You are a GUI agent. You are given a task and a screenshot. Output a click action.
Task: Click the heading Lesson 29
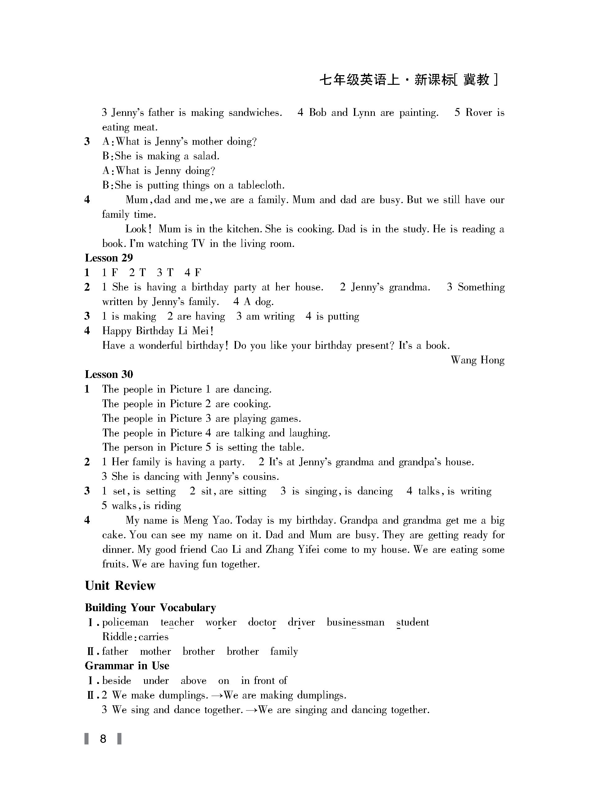(109, 258)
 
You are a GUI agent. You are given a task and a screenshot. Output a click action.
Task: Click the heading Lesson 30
(109, 374)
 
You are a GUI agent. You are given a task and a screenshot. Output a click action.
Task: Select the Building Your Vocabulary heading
(150, 607)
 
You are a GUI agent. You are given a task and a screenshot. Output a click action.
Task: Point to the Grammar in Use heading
(127, 666)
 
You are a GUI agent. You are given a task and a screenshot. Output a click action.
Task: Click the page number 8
(103, 739)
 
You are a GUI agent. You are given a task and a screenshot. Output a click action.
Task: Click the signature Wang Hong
(478, 360)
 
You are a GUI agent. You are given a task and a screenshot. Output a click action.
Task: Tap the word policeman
(125, 622)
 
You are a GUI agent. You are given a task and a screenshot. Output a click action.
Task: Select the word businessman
(355, 622)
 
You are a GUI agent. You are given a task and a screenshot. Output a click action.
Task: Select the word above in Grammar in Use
(193, 681)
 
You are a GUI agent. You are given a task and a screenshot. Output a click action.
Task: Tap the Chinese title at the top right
(408, 80)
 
